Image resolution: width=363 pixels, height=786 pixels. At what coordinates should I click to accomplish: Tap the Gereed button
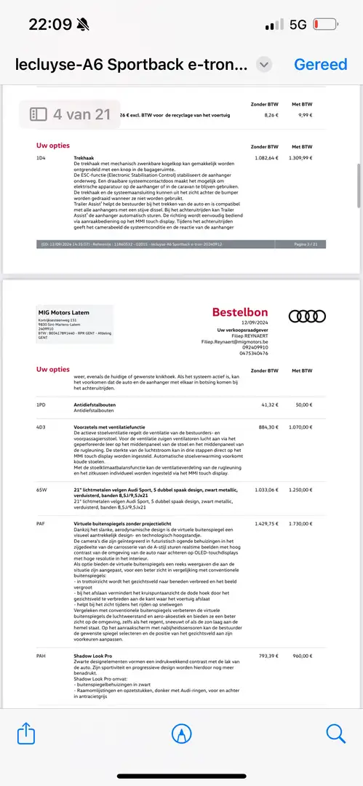pos(321,64)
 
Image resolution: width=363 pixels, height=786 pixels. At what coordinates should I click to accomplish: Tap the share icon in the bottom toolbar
pos(26,733)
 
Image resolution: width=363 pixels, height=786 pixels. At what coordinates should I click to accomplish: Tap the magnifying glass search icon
pos(336,733)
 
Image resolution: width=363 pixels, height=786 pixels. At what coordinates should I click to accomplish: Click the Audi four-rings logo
pos(307,316)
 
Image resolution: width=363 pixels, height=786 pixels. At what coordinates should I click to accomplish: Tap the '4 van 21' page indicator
pos(70,114)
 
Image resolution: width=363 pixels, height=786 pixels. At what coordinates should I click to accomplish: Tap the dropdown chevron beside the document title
pos(265,64)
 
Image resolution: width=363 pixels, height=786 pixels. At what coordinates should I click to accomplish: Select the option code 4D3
pos(41,427)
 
